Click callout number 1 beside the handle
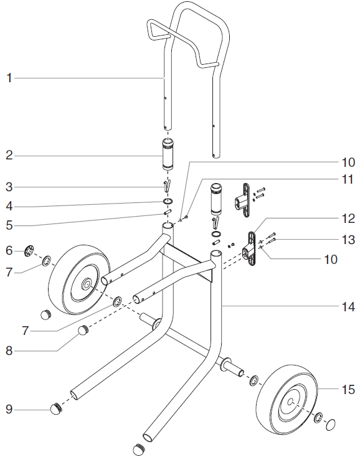pos(9,78)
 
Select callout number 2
pos(9,155)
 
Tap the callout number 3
pos(9,187)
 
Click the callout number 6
pos(9,250)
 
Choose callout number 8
pos(9,350)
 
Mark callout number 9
pos(9,410)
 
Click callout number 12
pos(346,219)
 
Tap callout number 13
pos(346,240)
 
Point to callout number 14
pos(346,307)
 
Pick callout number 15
pos(346,390)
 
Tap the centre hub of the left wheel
pos(84,284)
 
